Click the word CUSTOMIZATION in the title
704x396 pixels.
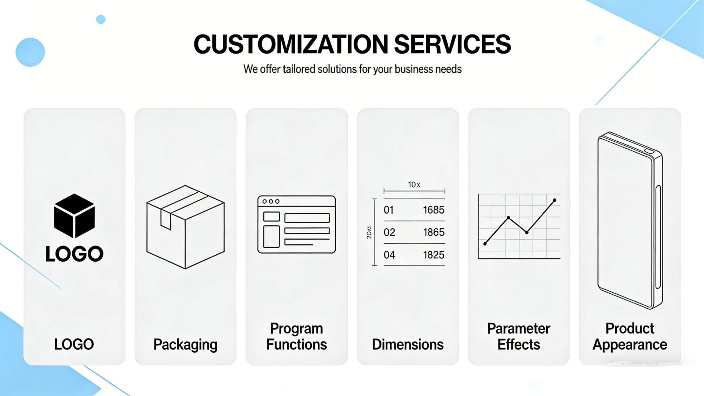pos(291,44)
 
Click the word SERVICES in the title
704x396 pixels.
pos(452,44)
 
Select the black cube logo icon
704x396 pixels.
pos(74,216)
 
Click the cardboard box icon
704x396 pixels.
pos(185,227)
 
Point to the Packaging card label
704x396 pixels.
pos(185,344)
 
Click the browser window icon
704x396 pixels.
pos(296,224)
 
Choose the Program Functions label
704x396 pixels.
pos(296,336)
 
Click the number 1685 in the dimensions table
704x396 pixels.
pos(433,210)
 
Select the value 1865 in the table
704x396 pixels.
pos(433,232)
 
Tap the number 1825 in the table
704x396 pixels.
pos(433,255)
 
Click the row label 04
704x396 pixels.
pos(389,255)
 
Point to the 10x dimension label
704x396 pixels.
pos(414,185)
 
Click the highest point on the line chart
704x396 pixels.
pos(554,200)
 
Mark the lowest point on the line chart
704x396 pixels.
pos(485,244)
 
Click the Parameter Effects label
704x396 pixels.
pos(518,336)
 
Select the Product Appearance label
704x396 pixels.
pos(630,336)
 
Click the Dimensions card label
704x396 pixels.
pos(408,344)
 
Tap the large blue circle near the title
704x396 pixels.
pos(30,52)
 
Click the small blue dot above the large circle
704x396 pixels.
pos(101,19)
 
